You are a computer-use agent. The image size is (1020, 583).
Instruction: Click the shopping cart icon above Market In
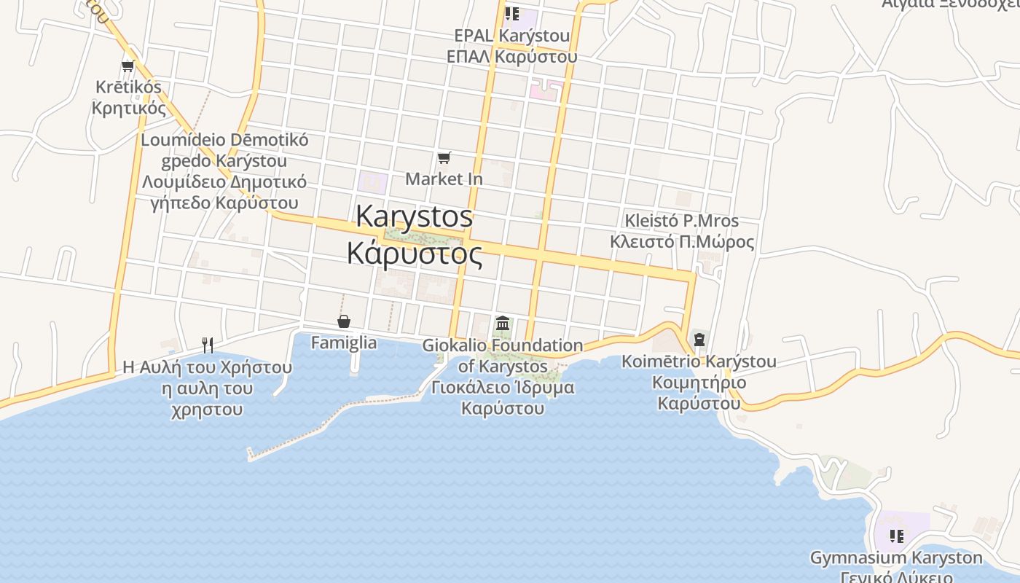pos(444,157)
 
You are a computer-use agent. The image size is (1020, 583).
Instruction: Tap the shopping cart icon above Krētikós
pos(128,66)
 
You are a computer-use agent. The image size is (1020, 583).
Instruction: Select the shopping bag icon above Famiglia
pos(343,321)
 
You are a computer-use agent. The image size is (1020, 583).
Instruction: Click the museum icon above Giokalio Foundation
pos(503,323)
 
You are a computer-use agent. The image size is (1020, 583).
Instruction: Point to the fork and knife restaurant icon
pos(208,345)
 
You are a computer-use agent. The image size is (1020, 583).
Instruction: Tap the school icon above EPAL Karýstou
pos(512,13)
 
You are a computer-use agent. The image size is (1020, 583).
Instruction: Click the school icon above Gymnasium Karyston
pos(896,536)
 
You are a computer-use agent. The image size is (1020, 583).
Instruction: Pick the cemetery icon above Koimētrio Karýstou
pos(699,340)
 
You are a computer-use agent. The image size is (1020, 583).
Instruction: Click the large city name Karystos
pos(415,216)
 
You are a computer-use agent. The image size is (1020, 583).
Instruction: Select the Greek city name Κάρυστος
pos(415,254)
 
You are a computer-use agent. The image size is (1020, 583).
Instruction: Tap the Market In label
pos(444,179)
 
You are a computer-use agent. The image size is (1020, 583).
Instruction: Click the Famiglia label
pos(344,343)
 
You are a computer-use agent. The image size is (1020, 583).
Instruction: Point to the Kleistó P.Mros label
pos(682,221)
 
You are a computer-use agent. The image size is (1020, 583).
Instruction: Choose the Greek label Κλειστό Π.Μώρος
pos(682,241)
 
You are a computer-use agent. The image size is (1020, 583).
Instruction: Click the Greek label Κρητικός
pos(129,108)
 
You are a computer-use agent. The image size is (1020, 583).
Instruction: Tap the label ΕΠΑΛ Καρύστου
pos(512,56)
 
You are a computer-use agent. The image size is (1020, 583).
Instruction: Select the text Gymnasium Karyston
pos(896,558)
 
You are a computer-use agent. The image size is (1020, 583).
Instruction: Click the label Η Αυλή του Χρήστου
pos(208,367)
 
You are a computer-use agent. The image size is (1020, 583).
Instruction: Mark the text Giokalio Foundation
pos(503,345)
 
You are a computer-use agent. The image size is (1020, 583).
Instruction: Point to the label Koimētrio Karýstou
pos(699,361)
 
